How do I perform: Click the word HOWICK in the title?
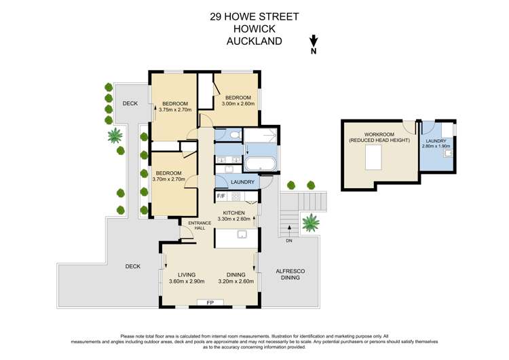point(254,29)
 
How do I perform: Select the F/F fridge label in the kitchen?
point(221,197)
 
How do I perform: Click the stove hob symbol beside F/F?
point(235,197)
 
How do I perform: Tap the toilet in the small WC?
point(233,134)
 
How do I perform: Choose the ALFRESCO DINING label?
point(290,275)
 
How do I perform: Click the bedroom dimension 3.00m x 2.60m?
point(238,104)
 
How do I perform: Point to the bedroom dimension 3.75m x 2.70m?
point(175,109)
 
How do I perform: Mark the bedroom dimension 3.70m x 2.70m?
point(169,179)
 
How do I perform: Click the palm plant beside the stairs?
point(311,221)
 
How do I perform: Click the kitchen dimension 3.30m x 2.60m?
point(234,219)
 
